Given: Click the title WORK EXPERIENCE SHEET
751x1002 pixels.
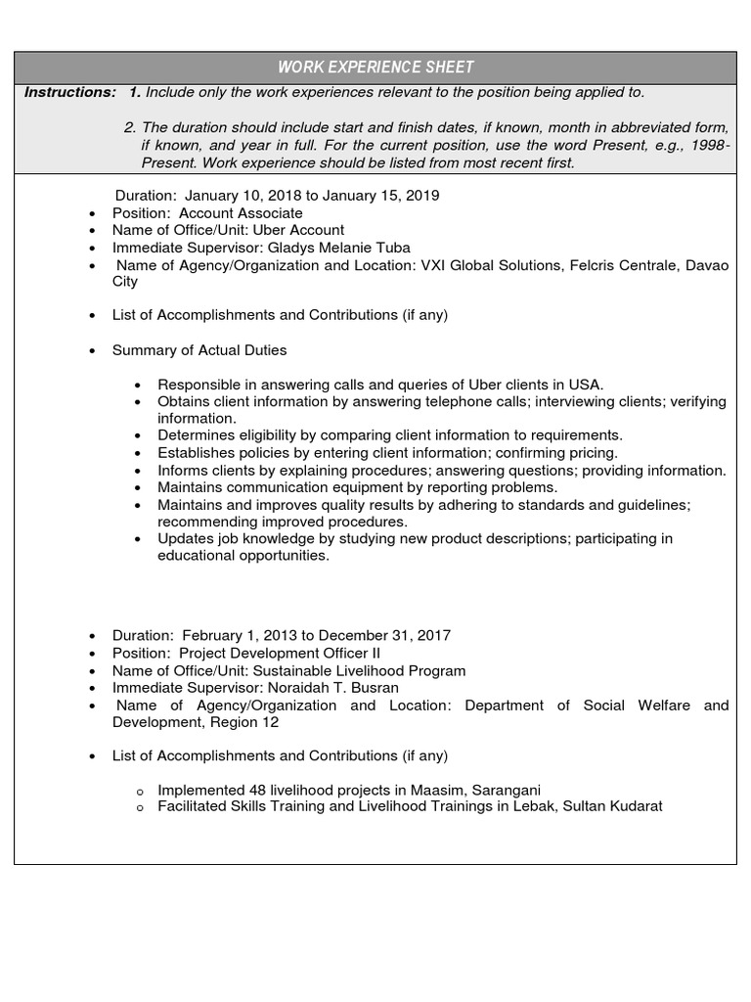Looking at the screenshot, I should point(375,68).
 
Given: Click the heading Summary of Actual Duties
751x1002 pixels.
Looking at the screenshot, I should point(199,349).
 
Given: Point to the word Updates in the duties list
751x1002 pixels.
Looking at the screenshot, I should point(185,538).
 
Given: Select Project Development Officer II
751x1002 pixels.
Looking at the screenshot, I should point(280,653).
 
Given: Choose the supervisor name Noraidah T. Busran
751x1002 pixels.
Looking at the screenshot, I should point(331,688).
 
